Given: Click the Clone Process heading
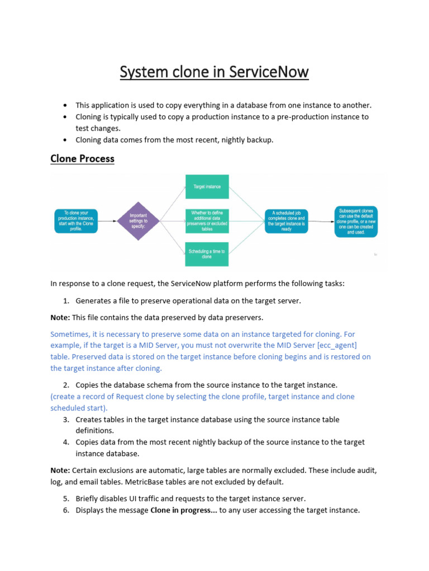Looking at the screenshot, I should (x=82, y=158).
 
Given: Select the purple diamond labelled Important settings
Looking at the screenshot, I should (x=138, y=221).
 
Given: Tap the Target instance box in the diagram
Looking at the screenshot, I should (x=207, y=187).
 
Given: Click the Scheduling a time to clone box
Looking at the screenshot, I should (x=207, y=254).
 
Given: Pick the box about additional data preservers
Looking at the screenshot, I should (x=207, y=221).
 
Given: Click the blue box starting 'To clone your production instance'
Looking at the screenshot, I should (x=76, y=221).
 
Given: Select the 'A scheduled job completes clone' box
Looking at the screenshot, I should (x=285, y=221).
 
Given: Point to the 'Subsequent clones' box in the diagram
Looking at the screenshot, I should (x=356, y=221).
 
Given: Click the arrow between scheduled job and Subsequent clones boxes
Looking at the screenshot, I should (x=321, y=221).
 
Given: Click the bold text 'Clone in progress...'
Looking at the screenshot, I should (x=183, y=510).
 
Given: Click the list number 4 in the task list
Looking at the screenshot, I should (x=65, y=442).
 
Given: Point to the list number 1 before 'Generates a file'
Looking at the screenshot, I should (x=65, y=301).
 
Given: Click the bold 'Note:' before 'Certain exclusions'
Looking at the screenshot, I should (x=60, y=471).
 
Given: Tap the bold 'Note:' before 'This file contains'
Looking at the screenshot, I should (x=60, y=318).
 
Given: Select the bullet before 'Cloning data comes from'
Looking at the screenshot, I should (x=65, y=140).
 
